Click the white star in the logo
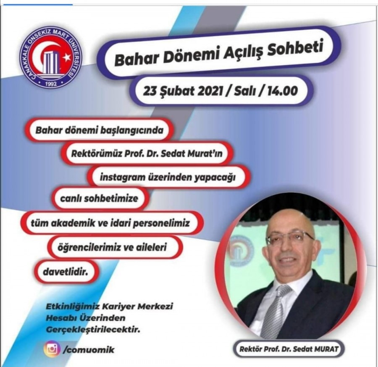pyautogui.click(x=67, y=58)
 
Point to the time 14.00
pyautogui.click(x=283, y=91)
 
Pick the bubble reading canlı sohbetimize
pyautogui.click(x=99, y=198)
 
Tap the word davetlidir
pyautogui.click(x=65, y=272)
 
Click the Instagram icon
pyautogui.click(x=52, y=349)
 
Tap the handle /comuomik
pyautogui.click(x=88, y=350)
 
